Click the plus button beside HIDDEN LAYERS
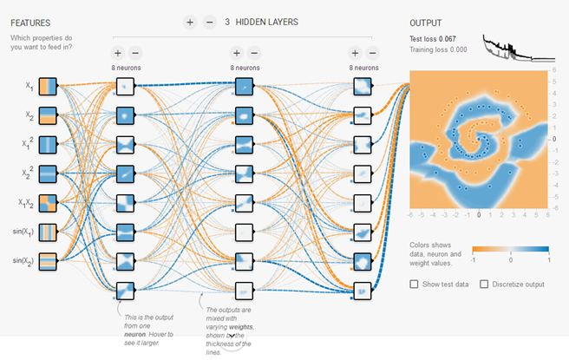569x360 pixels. [190, 22]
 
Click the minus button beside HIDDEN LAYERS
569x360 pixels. [209, 22]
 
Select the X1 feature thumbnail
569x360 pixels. [47, 87]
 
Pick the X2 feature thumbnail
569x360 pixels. [47, 115]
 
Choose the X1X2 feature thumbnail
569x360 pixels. [47, 203]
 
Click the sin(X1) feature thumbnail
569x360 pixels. [47, 232]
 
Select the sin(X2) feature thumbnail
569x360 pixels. [47, 260]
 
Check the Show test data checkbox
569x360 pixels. [414, 284]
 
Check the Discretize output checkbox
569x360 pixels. [484, 284]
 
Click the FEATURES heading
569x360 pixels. [30, 23]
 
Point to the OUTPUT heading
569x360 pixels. [427, 23]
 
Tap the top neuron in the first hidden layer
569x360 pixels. [127, 87]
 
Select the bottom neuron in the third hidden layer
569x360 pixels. [363, 290]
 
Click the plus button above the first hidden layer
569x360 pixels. [118, 52]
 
